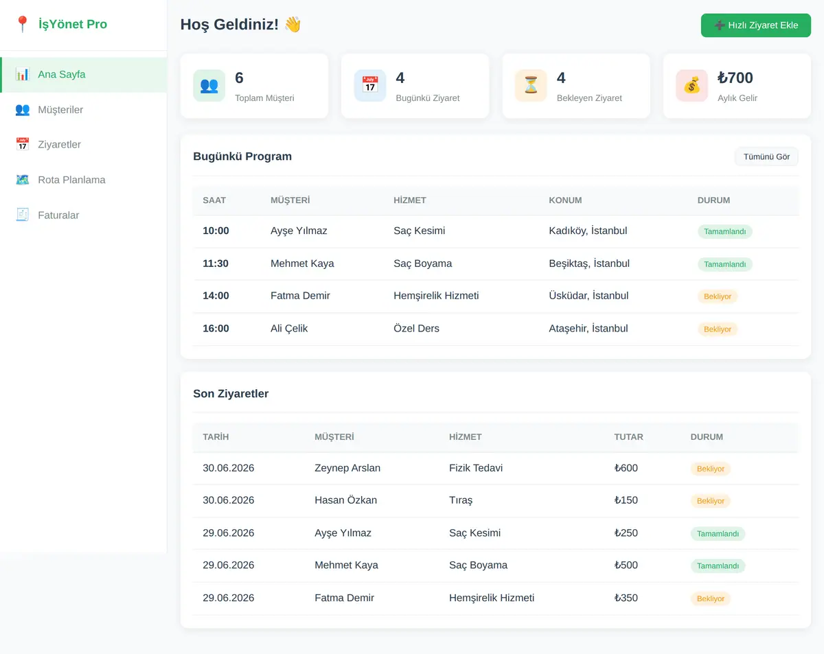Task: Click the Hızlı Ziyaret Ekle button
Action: [x=755, y=25]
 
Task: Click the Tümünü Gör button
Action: [x=766, y=156]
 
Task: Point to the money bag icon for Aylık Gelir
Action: [x=691, y=85]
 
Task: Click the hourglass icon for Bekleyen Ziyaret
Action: [x=531, y=85]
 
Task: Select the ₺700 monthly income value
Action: [x=735, y=78]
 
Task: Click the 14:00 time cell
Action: [x=216, y=296]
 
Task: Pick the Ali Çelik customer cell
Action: [x=288, y=329]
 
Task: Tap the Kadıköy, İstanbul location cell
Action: [x=588, y=231]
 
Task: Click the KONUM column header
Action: [x=565, y=200]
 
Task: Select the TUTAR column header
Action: [x=628, y=437]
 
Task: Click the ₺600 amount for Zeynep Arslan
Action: [x=626, y=468]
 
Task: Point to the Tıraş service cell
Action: [x=461, y=500]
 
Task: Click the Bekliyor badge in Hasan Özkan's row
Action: [x=710, y=501]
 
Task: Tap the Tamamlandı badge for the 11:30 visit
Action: [x=725, y=264]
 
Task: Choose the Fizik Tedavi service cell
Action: [x=476, y=468]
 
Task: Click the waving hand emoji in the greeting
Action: [x=293, y=25]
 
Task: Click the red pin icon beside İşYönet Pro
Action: [x=23, y=24]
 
